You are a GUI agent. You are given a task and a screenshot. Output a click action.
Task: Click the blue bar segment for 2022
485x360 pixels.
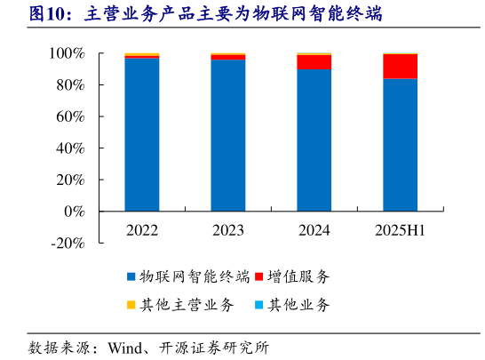(142, 134)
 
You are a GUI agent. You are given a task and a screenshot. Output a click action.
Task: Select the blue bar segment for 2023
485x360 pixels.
(228, 135)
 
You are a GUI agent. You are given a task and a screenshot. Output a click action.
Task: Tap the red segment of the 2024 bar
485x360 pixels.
(314, 61)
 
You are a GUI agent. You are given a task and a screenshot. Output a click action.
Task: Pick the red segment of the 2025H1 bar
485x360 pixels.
(401, 67)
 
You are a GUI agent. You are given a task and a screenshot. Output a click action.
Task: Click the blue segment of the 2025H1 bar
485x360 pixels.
(401, 145)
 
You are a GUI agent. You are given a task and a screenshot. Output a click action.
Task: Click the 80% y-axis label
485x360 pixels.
(70, 85)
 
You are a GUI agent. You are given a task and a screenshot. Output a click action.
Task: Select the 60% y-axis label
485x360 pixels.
(70, 117)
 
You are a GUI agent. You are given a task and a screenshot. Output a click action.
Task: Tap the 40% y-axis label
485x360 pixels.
(70, 148)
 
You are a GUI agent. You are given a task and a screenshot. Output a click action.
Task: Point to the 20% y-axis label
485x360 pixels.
(70, 180)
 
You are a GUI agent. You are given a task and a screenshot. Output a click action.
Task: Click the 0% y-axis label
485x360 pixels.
(74, 212)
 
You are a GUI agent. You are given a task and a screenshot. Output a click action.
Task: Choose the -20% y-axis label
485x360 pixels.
(67, 244)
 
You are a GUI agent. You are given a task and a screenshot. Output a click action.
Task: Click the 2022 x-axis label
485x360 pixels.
(142, 230)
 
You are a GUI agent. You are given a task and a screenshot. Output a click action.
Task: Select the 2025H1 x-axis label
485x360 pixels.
(401, 230)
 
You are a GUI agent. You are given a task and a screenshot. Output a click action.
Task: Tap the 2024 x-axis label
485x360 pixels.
(314, 230)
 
